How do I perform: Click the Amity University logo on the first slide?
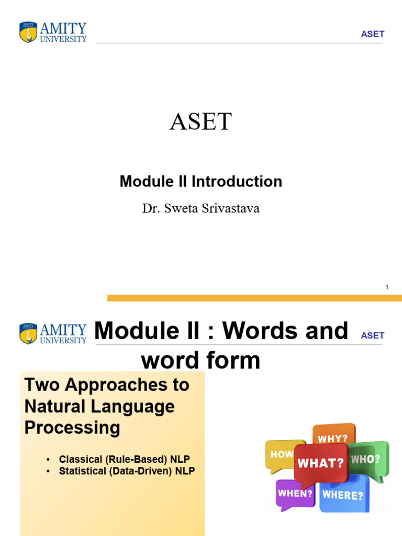click(x=53, y=32)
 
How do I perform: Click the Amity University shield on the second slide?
click(x=28, y=333)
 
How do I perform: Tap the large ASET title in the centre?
click(x=201, y=121)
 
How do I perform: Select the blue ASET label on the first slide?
click(x=373, y=34)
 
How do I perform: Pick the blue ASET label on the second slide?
click(x=373, y=336)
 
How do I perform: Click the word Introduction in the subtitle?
click(x=237, y=181)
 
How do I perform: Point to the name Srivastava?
click(x=230, y=208)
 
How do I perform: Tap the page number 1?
click(x=387, y=287)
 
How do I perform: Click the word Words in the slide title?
click(x=285, y=331)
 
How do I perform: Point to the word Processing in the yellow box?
click(x=72, y=428)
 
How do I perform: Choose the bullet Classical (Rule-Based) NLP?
click(x=125, y=459)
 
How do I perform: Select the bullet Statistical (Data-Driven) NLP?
click(x=127, y=471)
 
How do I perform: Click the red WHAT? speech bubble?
click(x=320, y=463)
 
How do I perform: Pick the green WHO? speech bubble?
click(x=368, y=460)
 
